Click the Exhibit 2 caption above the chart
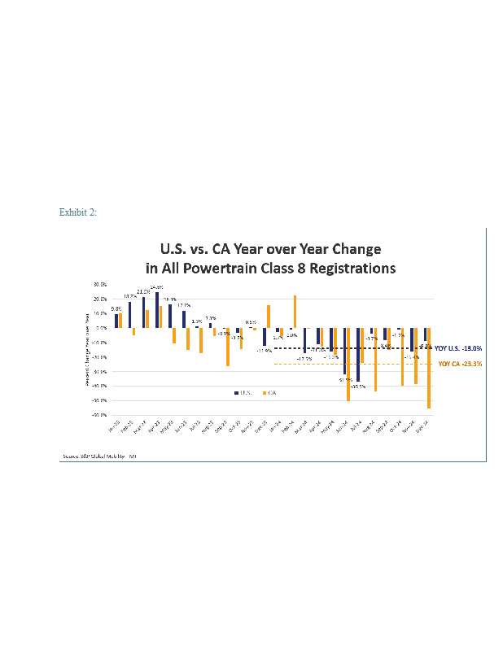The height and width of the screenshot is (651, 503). coord(78,212)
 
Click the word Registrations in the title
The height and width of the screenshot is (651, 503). coord(352,267)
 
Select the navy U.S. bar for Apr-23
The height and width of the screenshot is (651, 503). coord(157,310)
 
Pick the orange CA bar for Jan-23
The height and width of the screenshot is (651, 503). coord(120,321)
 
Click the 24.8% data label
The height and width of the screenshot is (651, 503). coord(156,287)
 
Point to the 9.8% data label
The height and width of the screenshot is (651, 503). coord(116,309)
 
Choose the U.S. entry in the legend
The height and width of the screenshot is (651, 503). coord(243,392)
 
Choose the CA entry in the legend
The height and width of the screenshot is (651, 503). coord(269,392)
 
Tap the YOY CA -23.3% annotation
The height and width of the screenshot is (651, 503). coord(460,364)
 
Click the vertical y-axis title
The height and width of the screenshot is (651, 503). coord(88,348)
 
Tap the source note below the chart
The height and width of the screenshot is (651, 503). coord(99,456)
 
